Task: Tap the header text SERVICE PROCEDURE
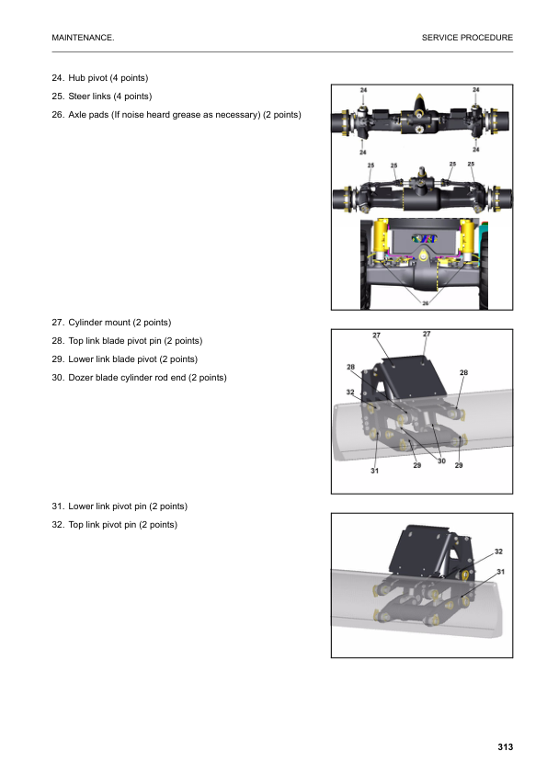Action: (x=467, y=38)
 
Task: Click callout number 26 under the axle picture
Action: (x=425, y=302)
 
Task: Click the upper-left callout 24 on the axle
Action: (x=364, y=90)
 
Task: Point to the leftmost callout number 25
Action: (x=370, y=165)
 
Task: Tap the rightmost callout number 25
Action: (x=472, y=165)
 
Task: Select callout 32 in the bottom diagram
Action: (x=498, y=552)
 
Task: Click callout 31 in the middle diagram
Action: (x=374, y=471)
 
